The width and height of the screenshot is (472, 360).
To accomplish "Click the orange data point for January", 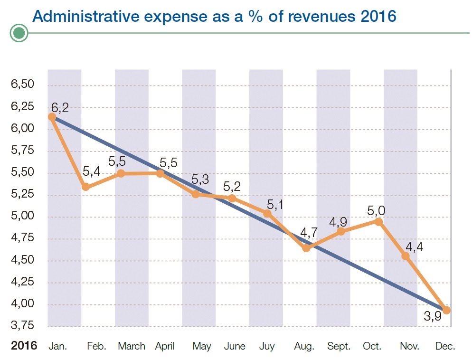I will point(52,117).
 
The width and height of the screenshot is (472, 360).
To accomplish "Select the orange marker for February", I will point(85,187).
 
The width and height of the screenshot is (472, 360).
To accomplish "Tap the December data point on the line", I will point(446,310).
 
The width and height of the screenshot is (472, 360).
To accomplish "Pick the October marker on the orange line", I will point(378,221).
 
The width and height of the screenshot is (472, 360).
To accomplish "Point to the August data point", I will point(306,248).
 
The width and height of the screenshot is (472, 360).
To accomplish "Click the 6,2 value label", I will point(60,107).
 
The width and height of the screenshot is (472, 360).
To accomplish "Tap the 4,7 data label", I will point(309,234).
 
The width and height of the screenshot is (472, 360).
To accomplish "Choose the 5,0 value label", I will point(376,210).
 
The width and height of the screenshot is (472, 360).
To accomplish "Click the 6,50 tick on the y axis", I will point(22,85).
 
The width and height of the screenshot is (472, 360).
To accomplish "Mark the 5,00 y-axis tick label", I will point(22,217).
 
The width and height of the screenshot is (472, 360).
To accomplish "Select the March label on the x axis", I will point(132,346).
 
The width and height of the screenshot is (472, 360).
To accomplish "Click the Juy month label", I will point(267,346).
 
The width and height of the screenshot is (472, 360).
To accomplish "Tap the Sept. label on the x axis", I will point(339,346).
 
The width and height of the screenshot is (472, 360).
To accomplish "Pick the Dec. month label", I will point(445,346).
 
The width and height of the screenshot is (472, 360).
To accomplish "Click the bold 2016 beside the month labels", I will point(24,346).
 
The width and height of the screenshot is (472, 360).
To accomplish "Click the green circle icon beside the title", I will point(19,33).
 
